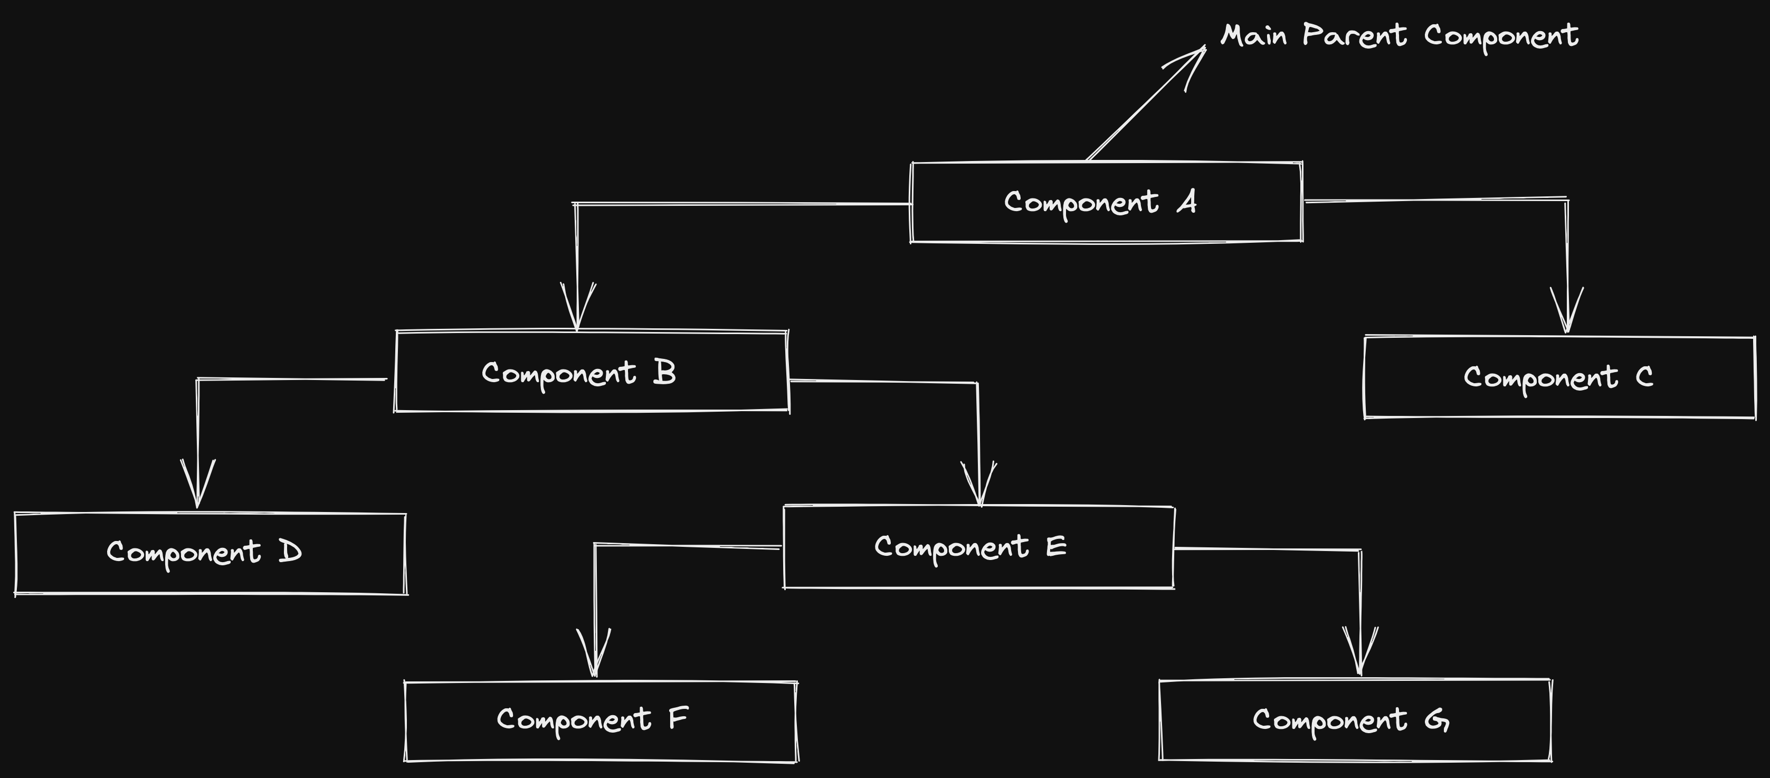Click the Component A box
1106,203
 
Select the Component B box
592,372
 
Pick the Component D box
210,553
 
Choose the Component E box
978,547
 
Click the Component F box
601,721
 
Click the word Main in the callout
1253,35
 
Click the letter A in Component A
1187,202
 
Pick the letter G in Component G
1437,719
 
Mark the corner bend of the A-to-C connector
1567,200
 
